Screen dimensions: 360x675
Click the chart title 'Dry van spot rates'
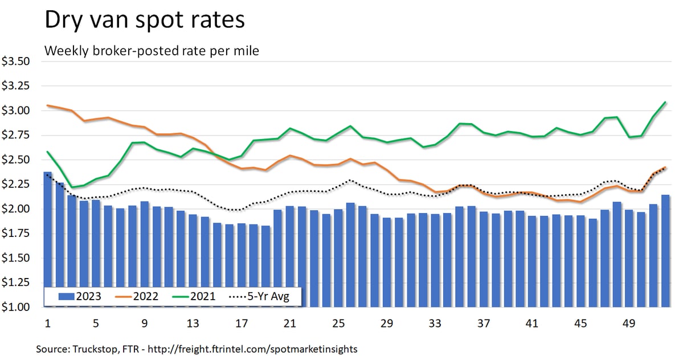click(144, 20)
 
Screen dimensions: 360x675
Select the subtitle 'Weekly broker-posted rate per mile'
click(152, 51)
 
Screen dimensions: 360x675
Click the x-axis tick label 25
click(338, 324)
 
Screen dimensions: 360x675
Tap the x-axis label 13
click(193, 324)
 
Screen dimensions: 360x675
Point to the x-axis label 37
click(484, 324)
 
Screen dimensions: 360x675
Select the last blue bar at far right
click(665, 251)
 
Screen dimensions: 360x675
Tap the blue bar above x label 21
click(290, 256)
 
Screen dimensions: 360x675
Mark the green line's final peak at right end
click(665, 103)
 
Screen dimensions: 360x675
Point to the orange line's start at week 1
click(47, 105)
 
